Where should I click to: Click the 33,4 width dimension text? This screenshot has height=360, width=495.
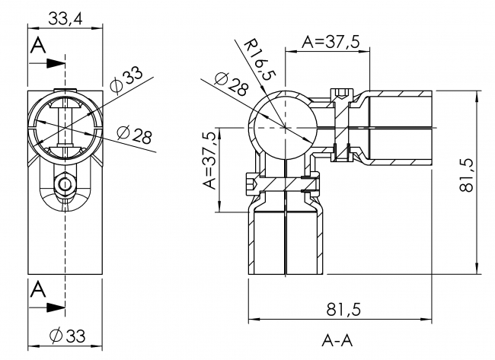(65, 16)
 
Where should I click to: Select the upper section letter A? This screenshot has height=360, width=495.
(37, 46)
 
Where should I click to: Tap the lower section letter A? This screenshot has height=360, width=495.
(37, 289)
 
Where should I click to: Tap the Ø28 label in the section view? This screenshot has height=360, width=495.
(232, 84)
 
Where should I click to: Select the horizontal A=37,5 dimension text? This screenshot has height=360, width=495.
(331, 43)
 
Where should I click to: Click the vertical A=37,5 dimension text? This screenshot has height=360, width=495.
(209, 160)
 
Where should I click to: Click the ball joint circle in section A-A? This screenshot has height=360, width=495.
(283, 126)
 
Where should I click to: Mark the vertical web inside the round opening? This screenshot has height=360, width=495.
(66, 126)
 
